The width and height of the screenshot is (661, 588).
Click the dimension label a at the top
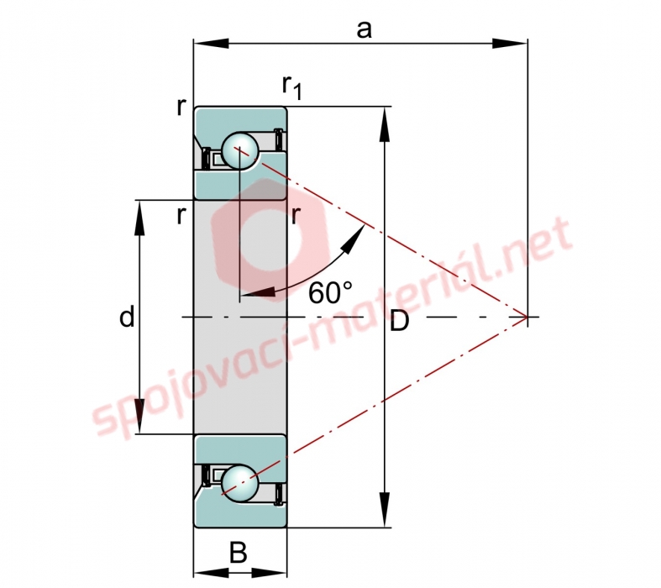(365, 30)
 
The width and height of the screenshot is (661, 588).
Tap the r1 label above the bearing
(292, 87)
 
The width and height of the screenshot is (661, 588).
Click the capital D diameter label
(399, 321)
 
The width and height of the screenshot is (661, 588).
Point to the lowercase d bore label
(127, 317)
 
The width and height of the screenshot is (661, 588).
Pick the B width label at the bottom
(239, 552)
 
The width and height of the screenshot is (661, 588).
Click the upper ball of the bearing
(240, 150)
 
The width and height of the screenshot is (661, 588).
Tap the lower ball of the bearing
(240, 483)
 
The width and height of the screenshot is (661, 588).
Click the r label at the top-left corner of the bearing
(181, 108)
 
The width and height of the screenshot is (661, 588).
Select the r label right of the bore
(296, 215)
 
